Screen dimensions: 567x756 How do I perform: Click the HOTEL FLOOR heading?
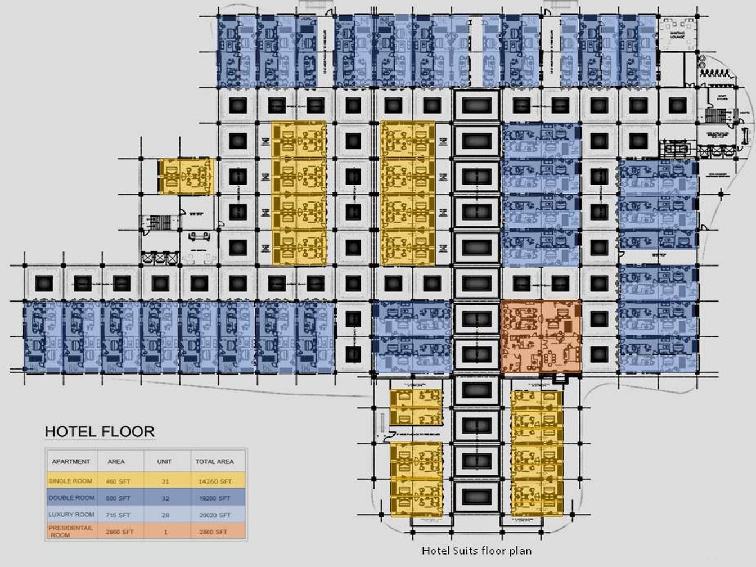100,432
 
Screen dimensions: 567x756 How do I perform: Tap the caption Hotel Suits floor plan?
476,551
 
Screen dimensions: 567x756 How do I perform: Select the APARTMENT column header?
71,462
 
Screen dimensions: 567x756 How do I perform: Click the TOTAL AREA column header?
214,462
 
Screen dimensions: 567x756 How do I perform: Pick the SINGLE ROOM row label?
70,481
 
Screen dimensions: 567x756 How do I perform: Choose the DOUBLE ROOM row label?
71,498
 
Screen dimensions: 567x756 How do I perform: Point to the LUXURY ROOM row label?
71,515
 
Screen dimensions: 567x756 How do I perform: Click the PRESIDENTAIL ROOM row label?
70,532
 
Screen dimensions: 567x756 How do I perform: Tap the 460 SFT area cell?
118,482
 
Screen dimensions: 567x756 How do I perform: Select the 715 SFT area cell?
118,515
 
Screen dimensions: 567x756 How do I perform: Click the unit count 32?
164,498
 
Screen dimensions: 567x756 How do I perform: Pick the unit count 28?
164,515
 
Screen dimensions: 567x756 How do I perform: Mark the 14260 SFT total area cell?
215,482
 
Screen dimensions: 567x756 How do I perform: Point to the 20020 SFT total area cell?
214,515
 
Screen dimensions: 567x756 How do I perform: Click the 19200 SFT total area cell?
214,498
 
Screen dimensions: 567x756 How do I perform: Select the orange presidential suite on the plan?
541,336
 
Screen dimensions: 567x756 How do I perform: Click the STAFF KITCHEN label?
723,97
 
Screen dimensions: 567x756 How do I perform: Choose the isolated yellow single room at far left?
186,177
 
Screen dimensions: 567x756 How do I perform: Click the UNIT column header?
164,462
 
